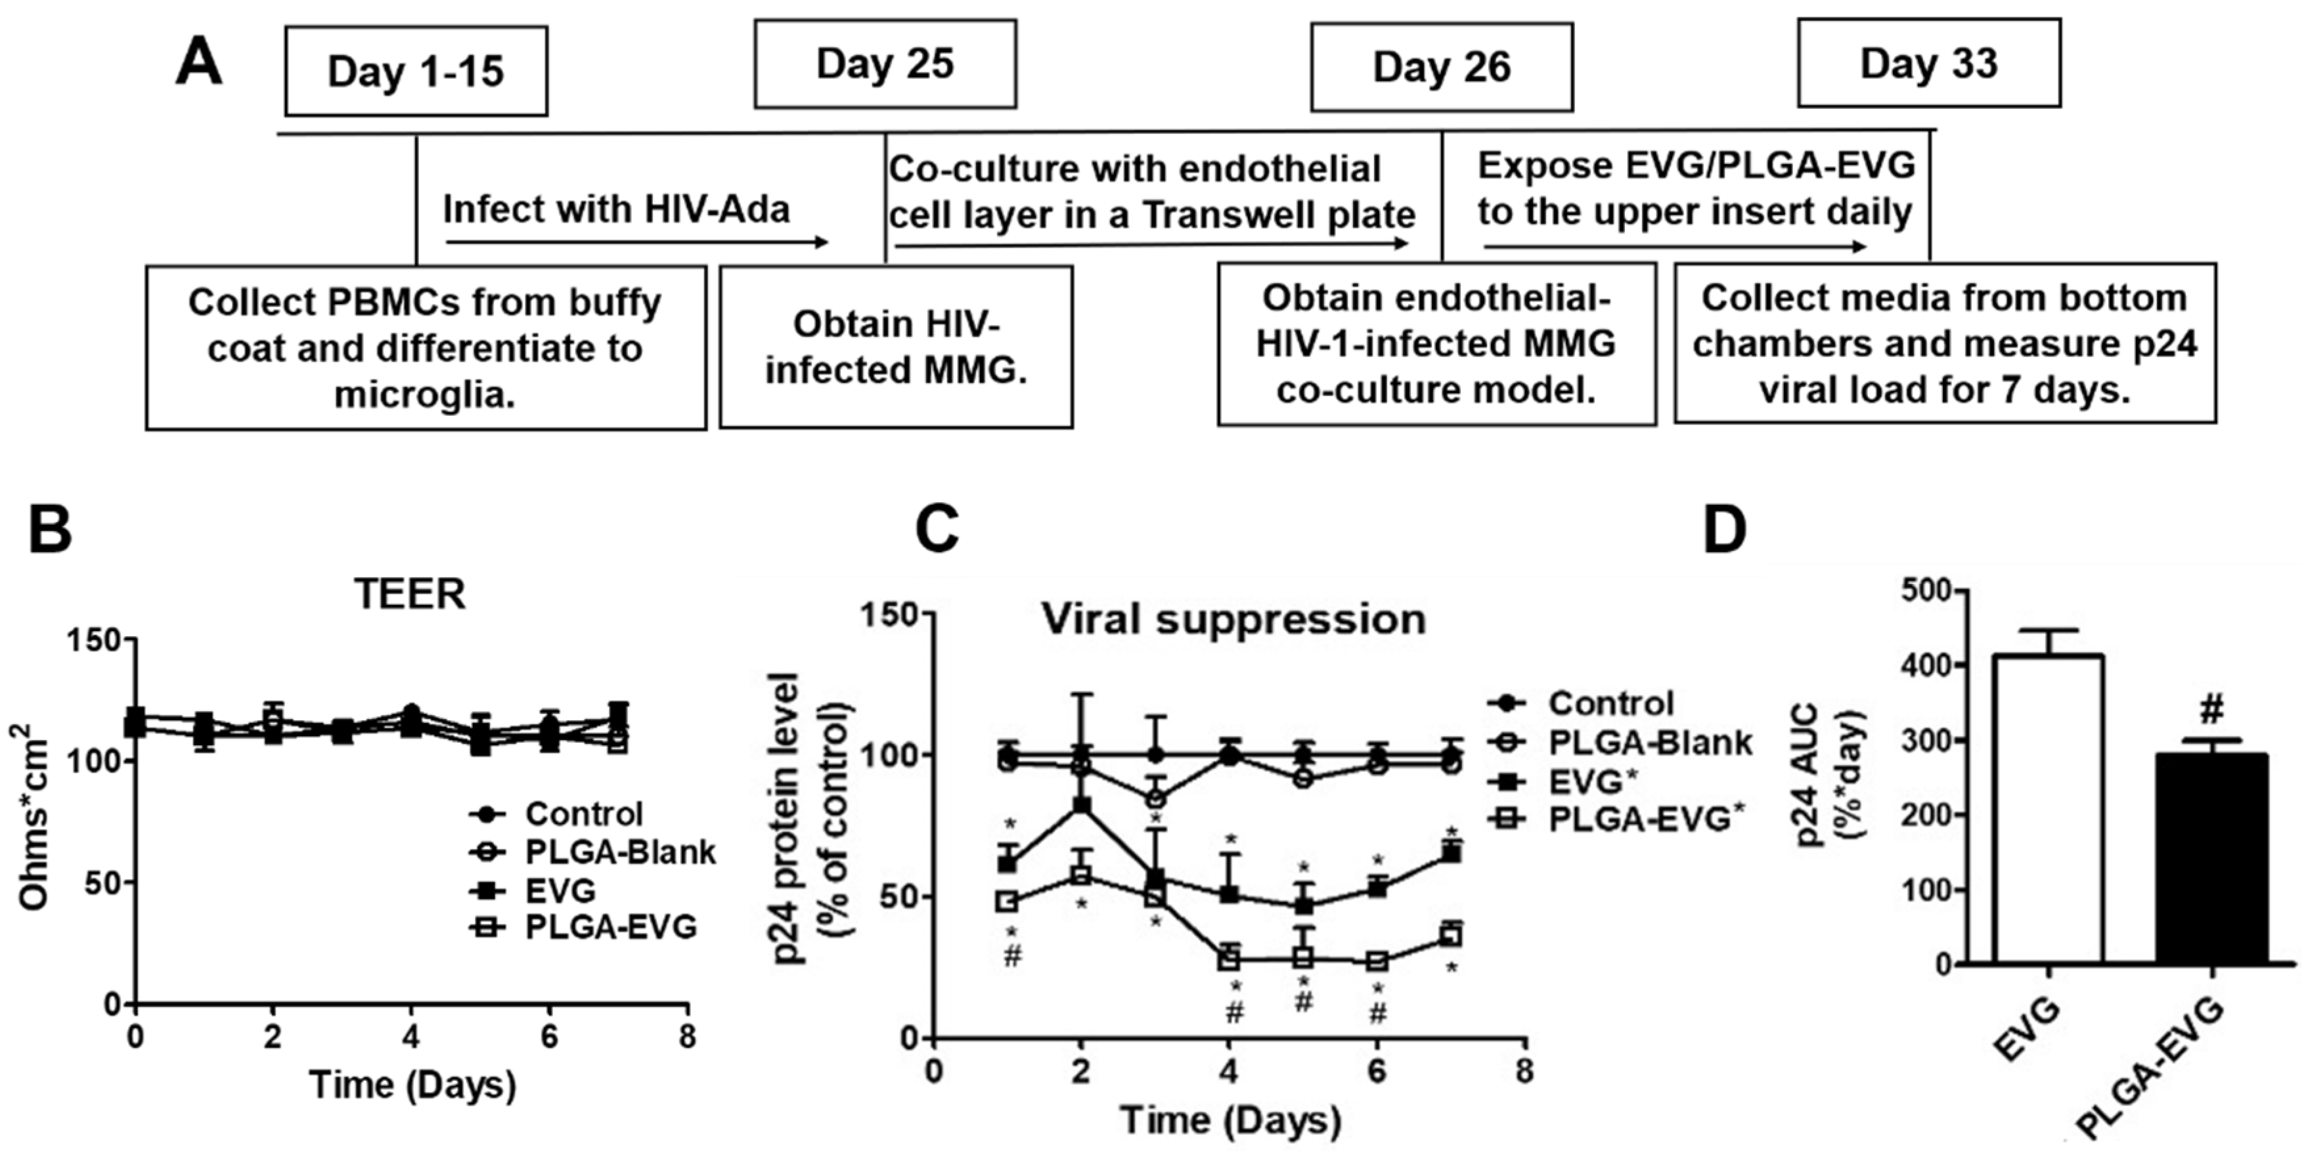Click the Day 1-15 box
(x=416, y=71)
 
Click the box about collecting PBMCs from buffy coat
(x=425, y=347)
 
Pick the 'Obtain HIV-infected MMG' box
(x=895, y=347)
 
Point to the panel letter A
(x=199, y=64)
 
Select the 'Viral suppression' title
(x=1233, y=620)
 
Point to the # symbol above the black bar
(x=2211, y=711)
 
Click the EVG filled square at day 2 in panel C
(x=1082, y=805)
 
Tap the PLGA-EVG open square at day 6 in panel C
(x=1377, y=961)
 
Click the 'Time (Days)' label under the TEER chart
(x=412, y=1085)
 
